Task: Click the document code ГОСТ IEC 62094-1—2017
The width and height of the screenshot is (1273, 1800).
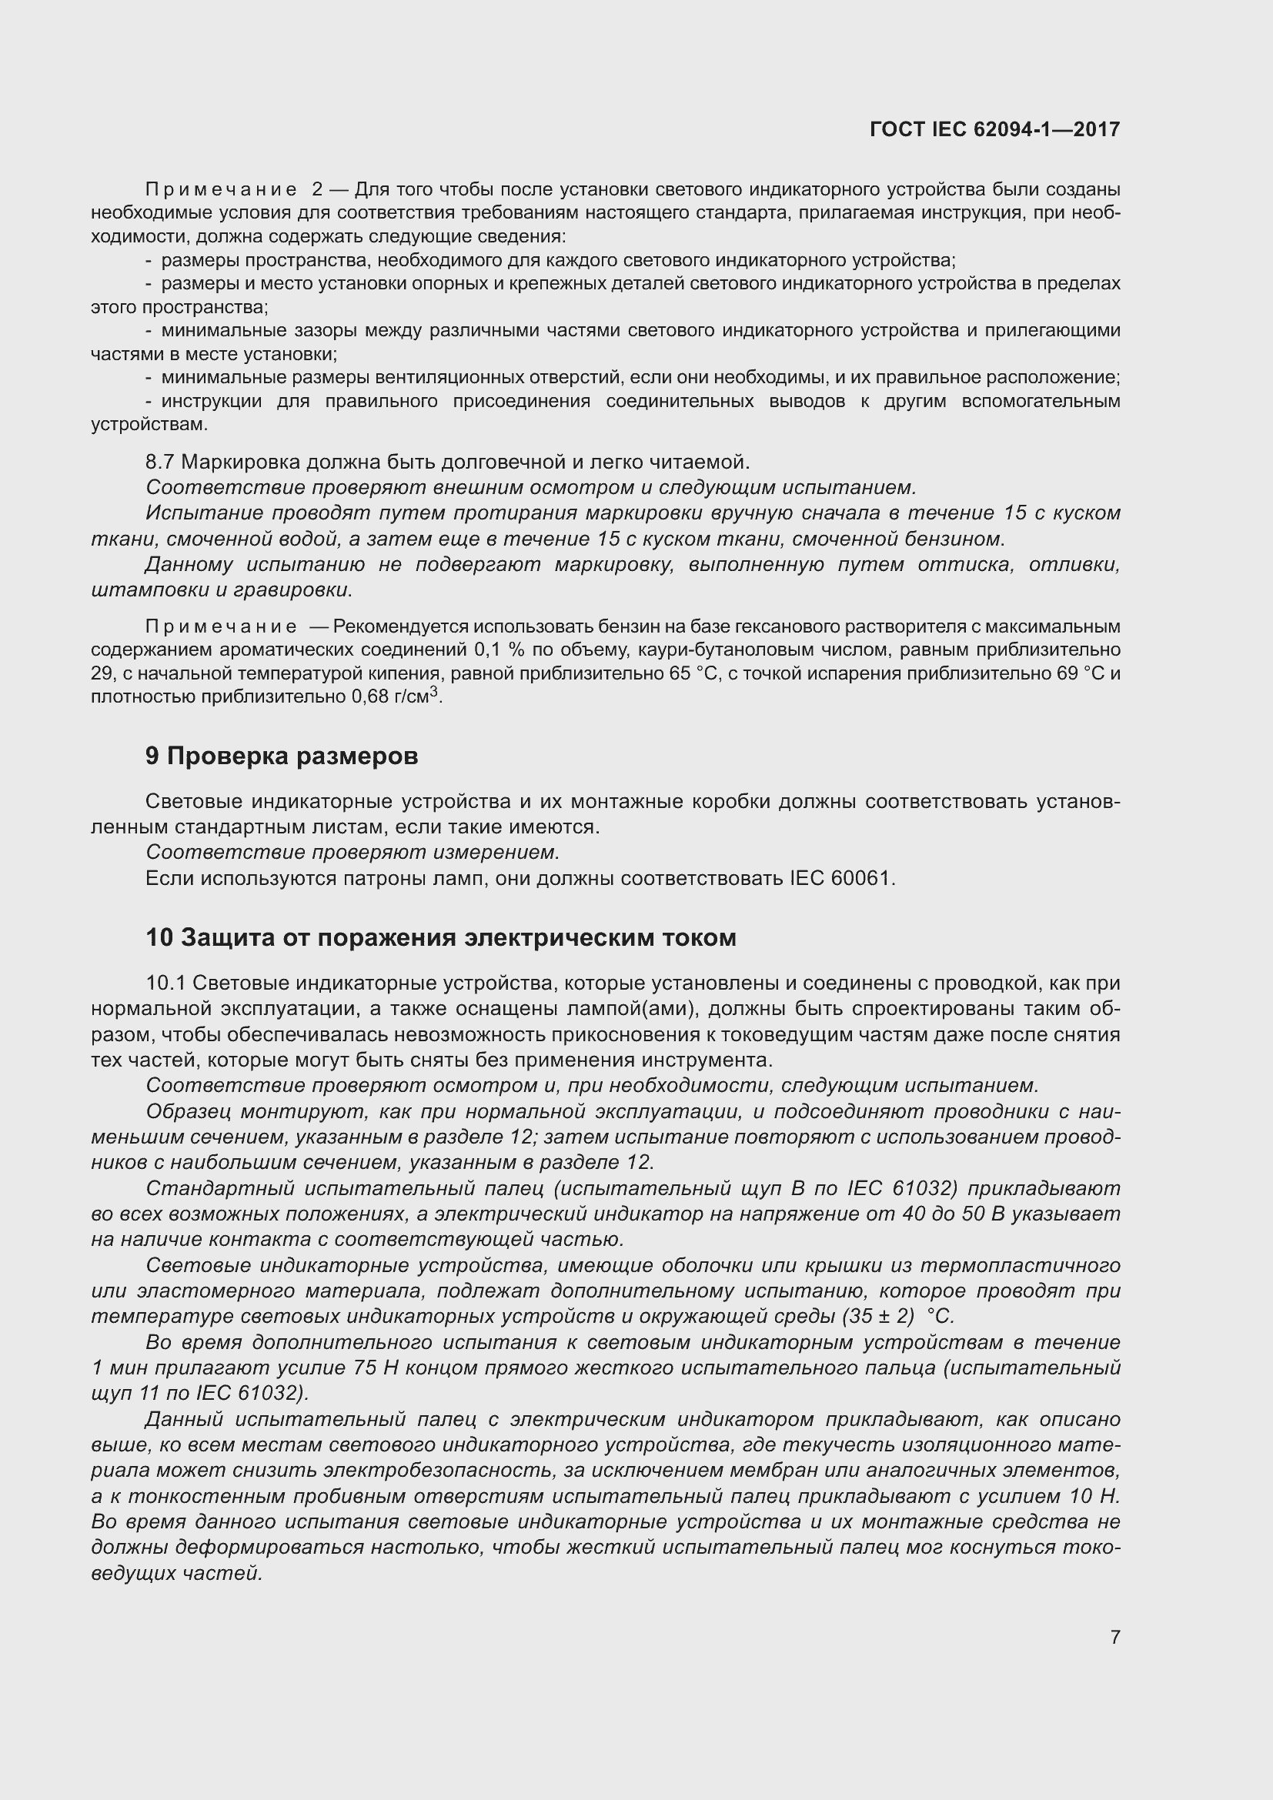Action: (x=994, y=129)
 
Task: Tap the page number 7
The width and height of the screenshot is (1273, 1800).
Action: (x=1114, y=1637)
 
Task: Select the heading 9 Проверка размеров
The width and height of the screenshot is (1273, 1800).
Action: (x=282, y=756)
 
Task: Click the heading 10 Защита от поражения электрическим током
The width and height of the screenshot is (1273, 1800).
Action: (x=440, y=937)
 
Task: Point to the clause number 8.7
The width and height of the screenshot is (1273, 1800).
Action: (x=159, y=462)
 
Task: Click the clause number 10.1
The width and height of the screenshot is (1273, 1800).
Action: (x=165, y=983)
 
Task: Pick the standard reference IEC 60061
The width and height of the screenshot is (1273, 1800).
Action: (x=840, y=878)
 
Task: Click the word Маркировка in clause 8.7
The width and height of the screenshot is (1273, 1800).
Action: (x=241, y=462)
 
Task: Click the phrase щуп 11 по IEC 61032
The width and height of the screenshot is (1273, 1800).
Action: (x=199, y=1393)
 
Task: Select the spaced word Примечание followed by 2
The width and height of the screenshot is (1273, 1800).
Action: (x=221, y=190)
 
